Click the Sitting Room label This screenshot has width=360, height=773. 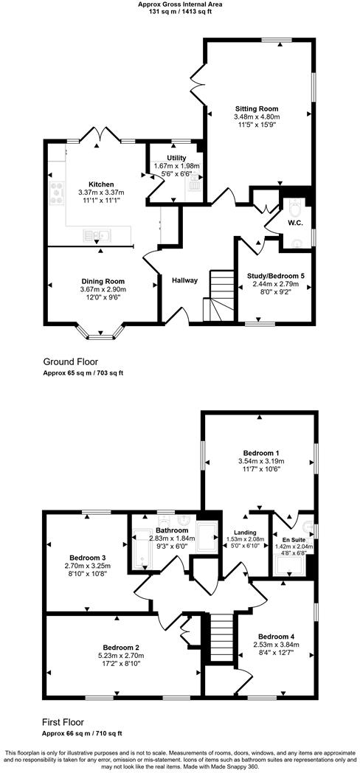coord(256,109)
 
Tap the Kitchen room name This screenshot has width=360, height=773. coord(100,184)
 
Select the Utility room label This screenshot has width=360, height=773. coord(176,158)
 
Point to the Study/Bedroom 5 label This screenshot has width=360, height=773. coord(275,276)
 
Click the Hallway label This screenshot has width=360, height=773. coord(184,280)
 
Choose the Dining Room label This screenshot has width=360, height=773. coord(103,281)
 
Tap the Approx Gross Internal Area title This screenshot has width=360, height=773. coord(181,4)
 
